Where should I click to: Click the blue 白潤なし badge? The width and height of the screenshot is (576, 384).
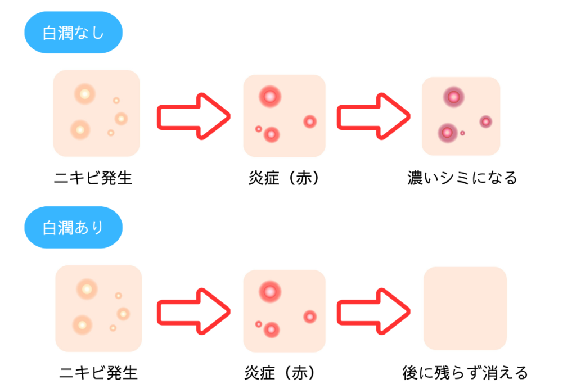73,33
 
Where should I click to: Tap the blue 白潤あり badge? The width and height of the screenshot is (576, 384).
73,228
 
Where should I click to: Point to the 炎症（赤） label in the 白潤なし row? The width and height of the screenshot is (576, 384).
284,179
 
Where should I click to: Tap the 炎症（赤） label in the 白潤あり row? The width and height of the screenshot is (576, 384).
284,372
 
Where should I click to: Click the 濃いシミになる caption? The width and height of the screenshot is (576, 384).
462,179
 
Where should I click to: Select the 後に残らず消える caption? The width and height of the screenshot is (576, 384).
465,372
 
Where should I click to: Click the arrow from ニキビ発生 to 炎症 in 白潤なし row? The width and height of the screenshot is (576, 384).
193,116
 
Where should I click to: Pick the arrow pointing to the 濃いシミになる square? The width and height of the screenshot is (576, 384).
373,116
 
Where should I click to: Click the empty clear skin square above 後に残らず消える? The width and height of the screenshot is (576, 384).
465,308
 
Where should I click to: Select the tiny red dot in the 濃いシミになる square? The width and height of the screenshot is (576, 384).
462,133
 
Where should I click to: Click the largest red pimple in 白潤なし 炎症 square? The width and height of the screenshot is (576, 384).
270,97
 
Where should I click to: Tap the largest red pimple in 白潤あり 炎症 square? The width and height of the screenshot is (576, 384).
270,291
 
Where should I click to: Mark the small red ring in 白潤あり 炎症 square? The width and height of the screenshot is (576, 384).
258,324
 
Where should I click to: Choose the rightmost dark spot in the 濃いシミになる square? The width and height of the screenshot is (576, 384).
485,121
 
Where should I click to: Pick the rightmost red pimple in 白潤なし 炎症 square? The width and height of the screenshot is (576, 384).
310,121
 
